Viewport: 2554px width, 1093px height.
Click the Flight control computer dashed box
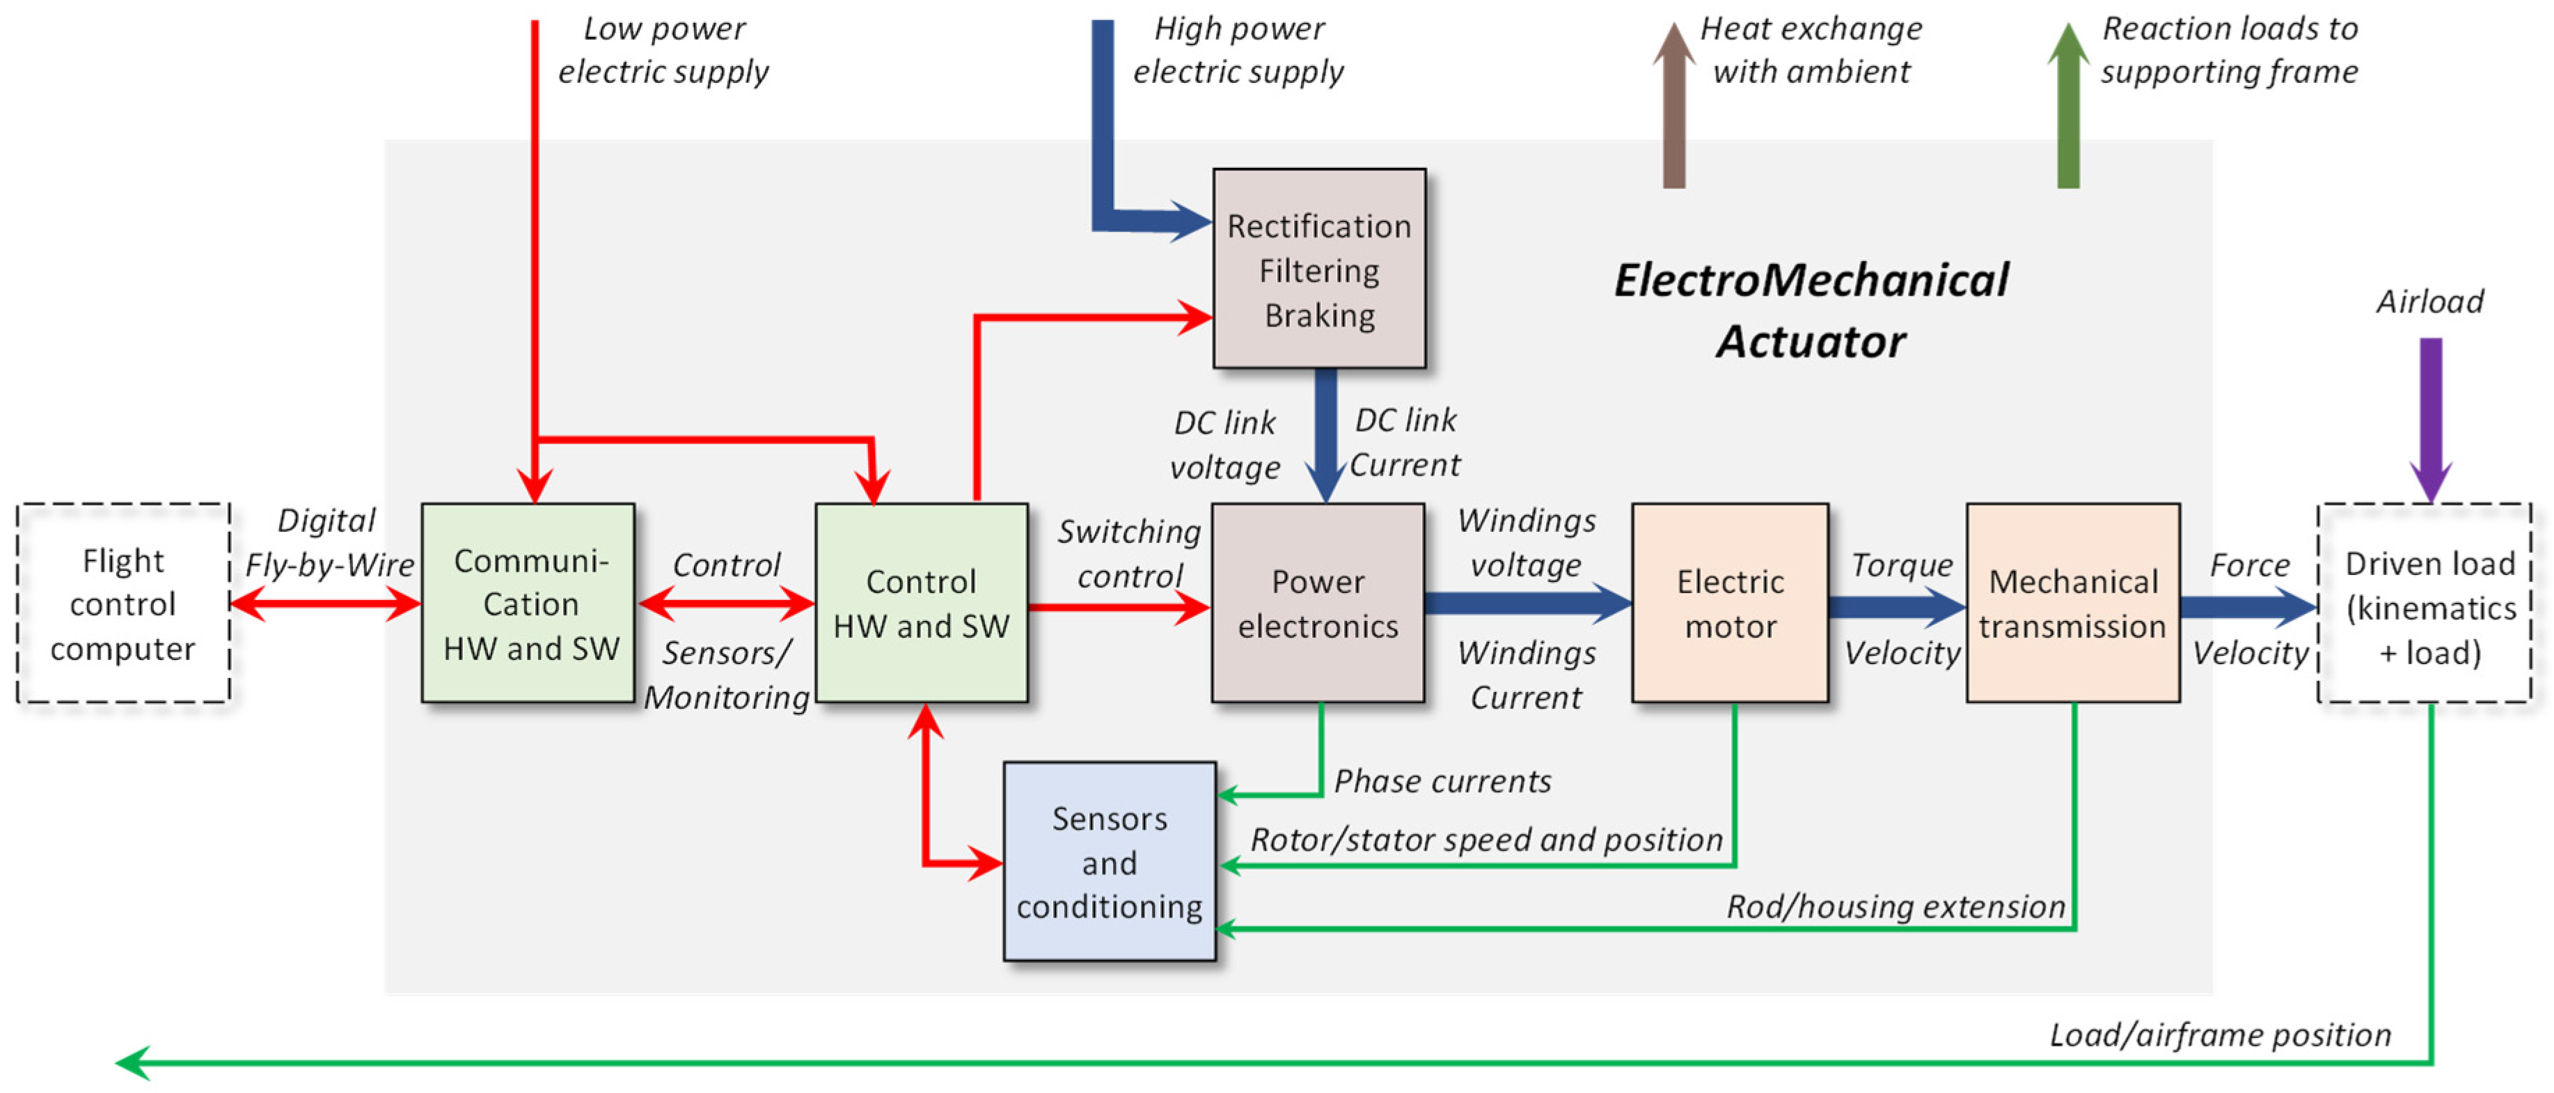[x=123, y=603]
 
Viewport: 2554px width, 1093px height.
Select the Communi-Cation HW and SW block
[x=528, y=603]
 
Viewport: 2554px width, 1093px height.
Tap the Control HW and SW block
[x=921, y=603]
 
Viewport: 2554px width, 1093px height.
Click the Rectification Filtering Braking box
[x=1318, y=269]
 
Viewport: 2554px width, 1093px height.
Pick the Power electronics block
[x=1318, y=603]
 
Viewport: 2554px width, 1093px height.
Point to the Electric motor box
[x=1730, y=603]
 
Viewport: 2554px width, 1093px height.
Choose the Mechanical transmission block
[x=2072, y=603]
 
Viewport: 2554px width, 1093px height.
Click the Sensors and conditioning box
[x=1110, y=861]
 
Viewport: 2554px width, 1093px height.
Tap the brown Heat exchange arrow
[x=1673, y=109]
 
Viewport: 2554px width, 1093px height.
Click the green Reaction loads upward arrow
[x=2068, y=109]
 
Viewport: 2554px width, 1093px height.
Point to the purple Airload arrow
[x=2431, y=416]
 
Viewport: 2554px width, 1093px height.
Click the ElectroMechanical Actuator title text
[x=1811, y=310]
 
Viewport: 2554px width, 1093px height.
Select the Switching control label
[x=1129, y=553]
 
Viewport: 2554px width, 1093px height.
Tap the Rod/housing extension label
[x=1895, y=906]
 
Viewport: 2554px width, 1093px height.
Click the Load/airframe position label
[x=2219, y=1035]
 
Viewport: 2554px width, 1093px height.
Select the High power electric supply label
[x=1238, y=49]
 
